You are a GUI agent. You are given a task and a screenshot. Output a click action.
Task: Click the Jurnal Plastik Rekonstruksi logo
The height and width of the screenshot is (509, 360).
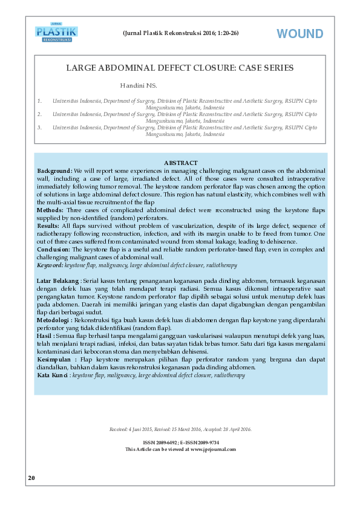[57, 32]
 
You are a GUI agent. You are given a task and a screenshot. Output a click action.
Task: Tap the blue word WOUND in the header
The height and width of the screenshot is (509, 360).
[300, 34]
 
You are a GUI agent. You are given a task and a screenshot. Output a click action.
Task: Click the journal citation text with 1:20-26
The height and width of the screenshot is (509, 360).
[180, 32]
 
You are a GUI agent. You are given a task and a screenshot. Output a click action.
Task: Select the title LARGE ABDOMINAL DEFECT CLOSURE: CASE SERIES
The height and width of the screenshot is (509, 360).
[180, 68]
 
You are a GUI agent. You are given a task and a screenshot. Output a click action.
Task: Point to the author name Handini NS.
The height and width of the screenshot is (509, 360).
[138, 86]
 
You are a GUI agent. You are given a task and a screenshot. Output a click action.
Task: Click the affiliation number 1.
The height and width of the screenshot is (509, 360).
[39, 101]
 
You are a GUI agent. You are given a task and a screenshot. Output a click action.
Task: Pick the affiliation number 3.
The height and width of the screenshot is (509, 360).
[39, 128]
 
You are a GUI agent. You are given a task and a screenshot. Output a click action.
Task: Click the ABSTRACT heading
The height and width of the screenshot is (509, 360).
[180, 163]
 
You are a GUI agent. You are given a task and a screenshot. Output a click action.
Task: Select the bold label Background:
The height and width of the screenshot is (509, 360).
[55, 171]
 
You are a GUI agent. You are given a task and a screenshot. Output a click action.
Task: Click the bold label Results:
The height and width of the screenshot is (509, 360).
[49, 225]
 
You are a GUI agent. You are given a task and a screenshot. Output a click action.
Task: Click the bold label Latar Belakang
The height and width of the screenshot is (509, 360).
[57, 281]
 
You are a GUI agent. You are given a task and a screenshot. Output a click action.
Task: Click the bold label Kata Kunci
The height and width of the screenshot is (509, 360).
[53, 375]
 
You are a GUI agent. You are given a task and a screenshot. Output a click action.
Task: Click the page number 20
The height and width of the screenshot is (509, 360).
[31, 478]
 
